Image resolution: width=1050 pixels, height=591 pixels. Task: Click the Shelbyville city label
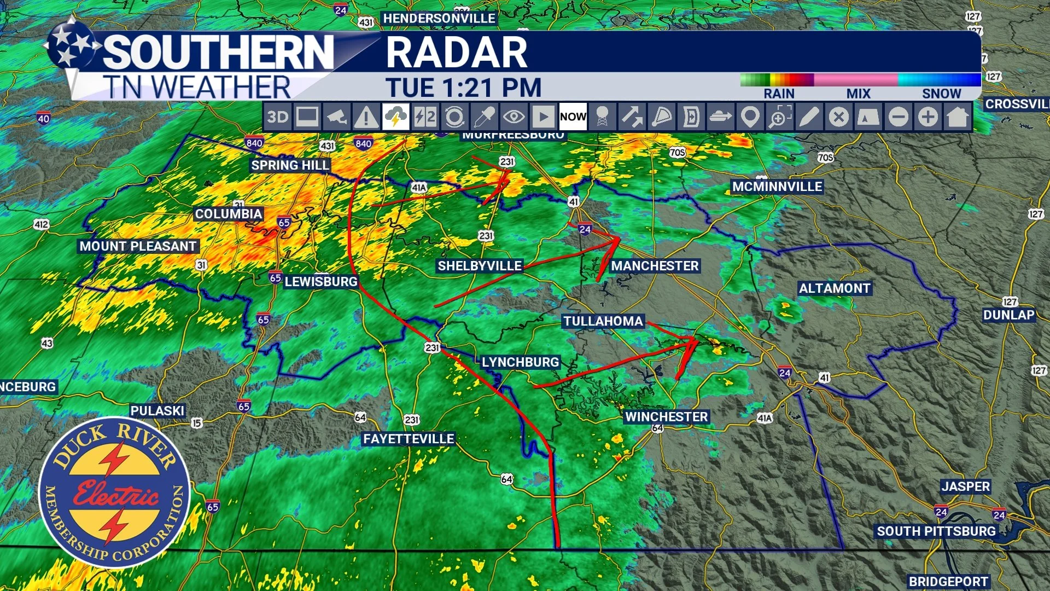tap(480, 266)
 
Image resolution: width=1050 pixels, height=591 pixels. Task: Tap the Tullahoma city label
tap(603, 321)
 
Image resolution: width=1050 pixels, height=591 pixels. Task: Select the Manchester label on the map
tap(655, 266)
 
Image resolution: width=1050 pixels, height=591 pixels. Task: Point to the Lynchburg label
tap(520, 362)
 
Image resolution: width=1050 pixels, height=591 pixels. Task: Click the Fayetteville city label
tap(409, 439)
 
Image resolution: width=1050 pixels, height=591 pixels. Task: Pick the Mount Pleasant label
tap(138, 246)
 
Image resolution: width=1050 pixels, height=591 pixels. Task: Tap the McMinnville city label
tap(777, 187)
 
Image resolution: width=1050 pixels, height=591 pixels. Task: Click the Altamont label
tap(835, 288)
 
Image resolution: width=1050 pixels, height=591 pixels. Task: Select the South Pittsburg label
tap(936, 531)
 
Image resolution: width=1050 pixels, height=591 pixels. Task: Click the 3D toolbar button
tap(277, 117)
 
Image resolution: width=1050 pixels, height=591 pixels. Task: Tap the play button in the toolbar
tap(543, 117)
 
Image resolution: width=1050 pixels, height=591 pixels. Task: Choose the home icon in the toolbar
tap(957, 117)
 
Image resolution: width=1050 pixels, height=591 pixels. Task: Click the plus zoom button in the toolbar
tap(927, 117)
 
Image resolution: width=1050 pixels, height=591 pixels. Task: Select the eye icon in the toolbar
tap(514, 117)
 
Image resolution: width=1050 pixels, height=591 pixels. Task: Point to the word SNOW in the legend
tap(941, 94)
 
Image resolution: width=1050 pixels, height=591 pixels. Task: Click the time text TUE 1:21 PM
tap(464, 88)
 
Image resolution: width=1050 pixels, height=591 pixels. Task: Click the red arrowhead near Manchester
tap(614, 241)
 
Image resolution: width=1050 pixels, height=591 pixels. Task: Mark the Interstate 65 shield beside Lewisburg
tap(276, 277)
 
